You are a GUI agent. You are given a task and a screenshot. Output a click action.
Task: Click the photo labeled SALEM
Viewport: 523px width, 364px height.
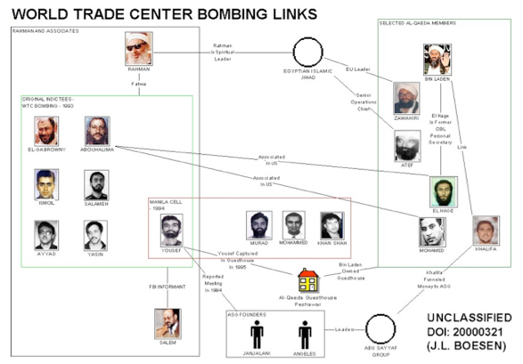click(167, 322)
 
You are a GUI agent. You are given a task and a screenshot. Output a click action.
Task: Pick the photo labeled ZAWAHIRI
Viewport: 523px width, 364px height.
click(406, 98)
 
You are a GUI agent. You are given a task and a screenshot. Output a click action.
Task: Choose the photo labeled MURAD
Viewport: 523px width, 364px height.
click(257, 225)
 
